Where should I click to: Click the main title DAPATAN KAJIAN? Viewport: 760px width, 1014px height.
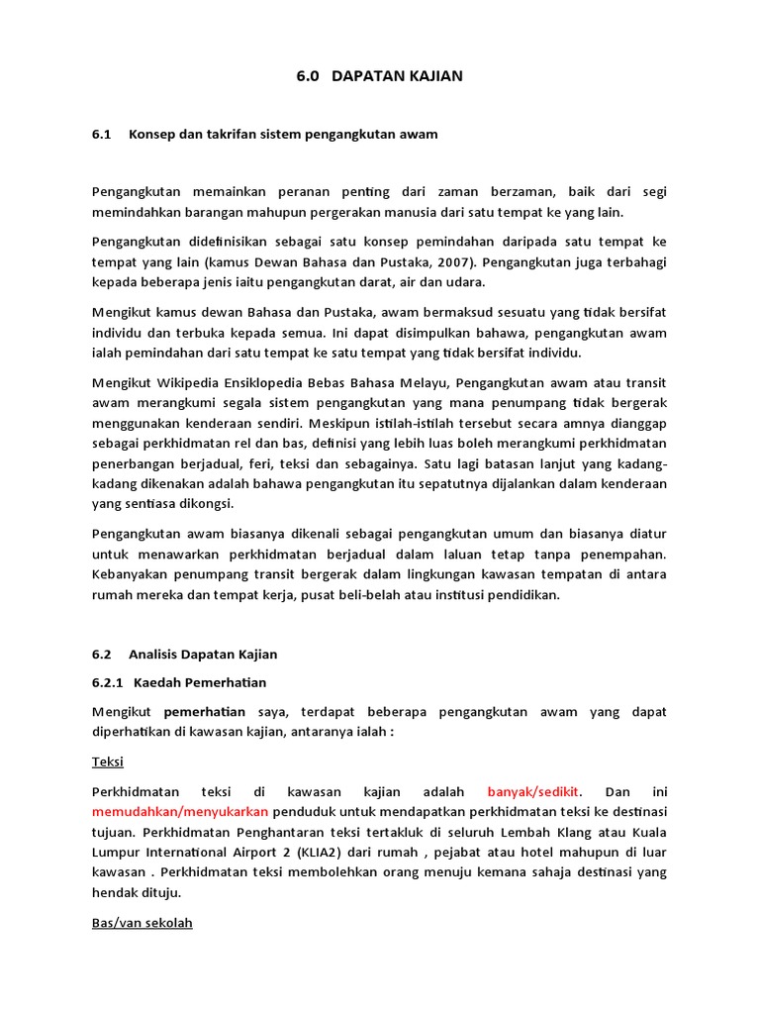(397, 76)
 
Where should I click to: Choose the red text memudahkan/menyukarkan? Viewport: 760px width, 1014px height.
(180, 812)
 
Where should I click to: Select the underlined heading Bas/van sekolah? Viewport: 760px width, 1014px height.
(142, 922)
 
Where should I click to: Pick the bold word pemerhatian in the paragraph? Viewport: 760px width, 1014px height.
(204, 711)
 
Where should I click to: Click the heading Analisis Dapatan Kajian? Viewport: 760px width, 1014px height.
(203, 654)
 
